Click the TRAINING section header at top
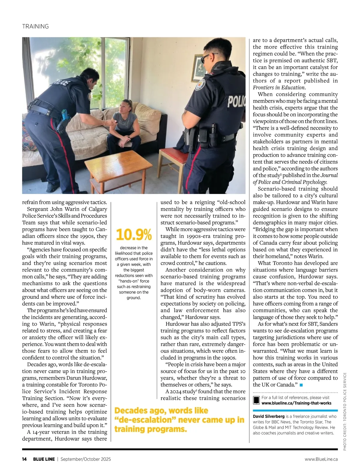[35, 26]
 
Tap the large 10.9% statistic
[133, 234]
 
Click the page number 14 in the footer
[24, 459]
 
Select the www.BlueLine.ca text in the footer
[321, 459]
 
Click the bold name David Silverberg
[268, 416]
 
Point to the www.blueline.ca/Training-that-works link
[296, 403]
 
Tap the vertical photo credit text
[345, 411]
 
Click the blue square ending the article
[301, 385]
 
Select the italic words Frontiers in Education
[279, 87]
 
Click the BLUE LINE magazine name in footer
[44, 459]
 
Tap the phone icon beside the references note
[256, 400]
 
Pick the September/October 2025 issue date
[85, 459]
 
